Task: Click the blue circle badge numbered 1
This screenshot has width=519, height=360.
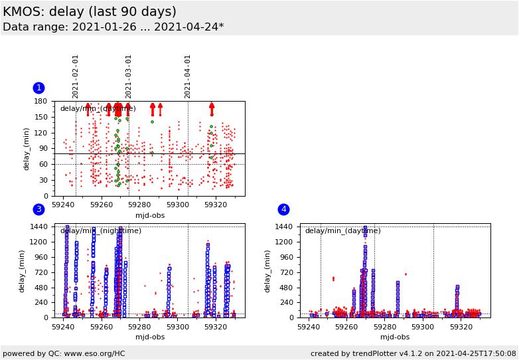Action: tap(38, 88)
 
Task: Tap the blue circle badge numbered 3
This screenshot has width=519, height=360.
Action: tap(38, 210)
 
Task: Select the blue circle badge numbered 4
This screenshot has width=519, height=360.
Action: tap(283, 210)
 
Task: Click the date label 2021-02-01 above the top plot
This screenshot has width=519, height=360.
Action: tap(76, 76)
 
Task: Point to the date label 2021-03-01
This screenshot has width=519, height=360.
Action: tap(129, 76)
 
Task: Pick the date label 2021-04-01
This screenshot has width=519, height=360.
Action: tap(188, 76)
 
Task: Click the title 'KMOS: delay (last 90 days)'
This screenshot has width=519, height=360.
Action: tap(90, 12)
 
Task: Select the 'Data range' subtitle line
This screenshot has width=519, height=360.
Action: tap(113, 27)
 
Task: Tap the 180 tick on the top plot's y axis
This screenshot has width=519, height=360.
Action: tap(41, 102)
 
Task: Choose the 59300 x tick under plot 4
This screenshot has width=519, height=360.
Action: tap(422, 327)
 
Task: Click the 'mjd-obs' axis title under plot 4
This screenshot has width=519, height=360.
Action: tap(395, 337)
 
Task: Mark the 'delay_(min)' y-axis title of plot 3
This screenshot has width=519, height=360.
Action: tap(22, 271)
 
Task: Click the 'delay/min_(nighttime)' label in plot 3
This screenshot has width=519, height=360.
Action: tap(101, 231)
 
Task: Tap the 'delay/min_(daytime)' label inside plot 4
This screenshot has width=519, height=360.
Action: tap(343, 231)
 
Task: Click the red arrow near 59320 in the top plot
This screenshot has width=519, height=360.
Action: tap(212, 109)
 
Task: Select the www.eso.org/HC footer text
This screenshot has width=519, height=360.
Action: tap(63, 353)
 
